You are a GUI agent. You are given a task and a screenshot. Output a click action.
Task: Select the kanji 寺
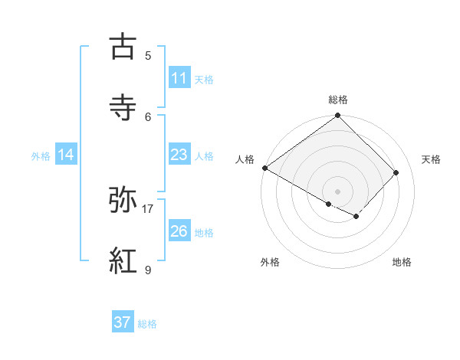click(124, 107)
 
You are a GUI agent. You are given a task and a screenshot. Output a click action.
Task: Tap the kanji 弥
click(124, 201)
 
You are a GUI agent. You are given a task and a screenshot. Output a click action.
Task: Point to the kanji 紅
click(124, 261)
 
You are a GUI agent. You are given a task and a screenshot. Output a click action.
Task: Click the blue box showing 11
click(179, 78)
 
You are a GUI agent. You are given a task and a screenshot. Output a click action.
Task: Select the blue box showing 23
click(179, 155)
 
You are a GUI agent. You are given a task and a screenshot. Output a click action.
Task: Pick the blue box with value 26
click(179, 232)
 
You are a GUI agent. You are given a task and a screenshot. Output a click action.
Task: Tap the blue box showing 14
click(66, 155)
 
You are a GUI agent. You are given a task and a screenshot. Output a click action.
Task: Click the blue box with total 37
click(123, 323)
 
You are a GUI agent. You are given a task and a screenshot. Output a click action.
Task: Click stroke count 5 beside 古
click(148, 55)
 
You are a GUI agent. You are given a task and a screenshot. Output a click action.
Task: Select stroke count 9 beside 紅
click(148, 270)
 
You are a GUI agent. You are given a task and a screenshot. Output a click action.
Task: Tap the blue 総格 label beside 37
click(148, 324)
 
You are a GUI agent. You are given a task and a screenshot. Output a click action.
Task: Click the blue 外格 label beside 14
click(41, 156)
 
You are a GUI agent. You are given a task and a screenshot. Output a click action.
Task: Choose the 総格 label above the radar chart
click(338, 100)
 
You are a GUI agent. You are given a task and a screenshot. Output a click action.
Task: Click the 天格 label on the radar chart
click(432, 159)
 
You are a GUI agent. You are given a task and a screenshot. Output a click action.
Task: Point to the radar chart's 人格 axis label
click(245, 159)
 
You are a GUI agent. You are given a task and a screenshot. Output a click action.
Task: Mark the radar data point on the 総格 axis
click(337, 116)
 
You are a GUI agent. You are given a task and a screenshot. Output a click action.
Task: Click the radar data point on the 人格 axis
click(264, 168)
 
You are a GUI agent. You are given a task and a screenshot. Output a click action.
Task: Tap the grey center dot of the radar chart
click(337, 191)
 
